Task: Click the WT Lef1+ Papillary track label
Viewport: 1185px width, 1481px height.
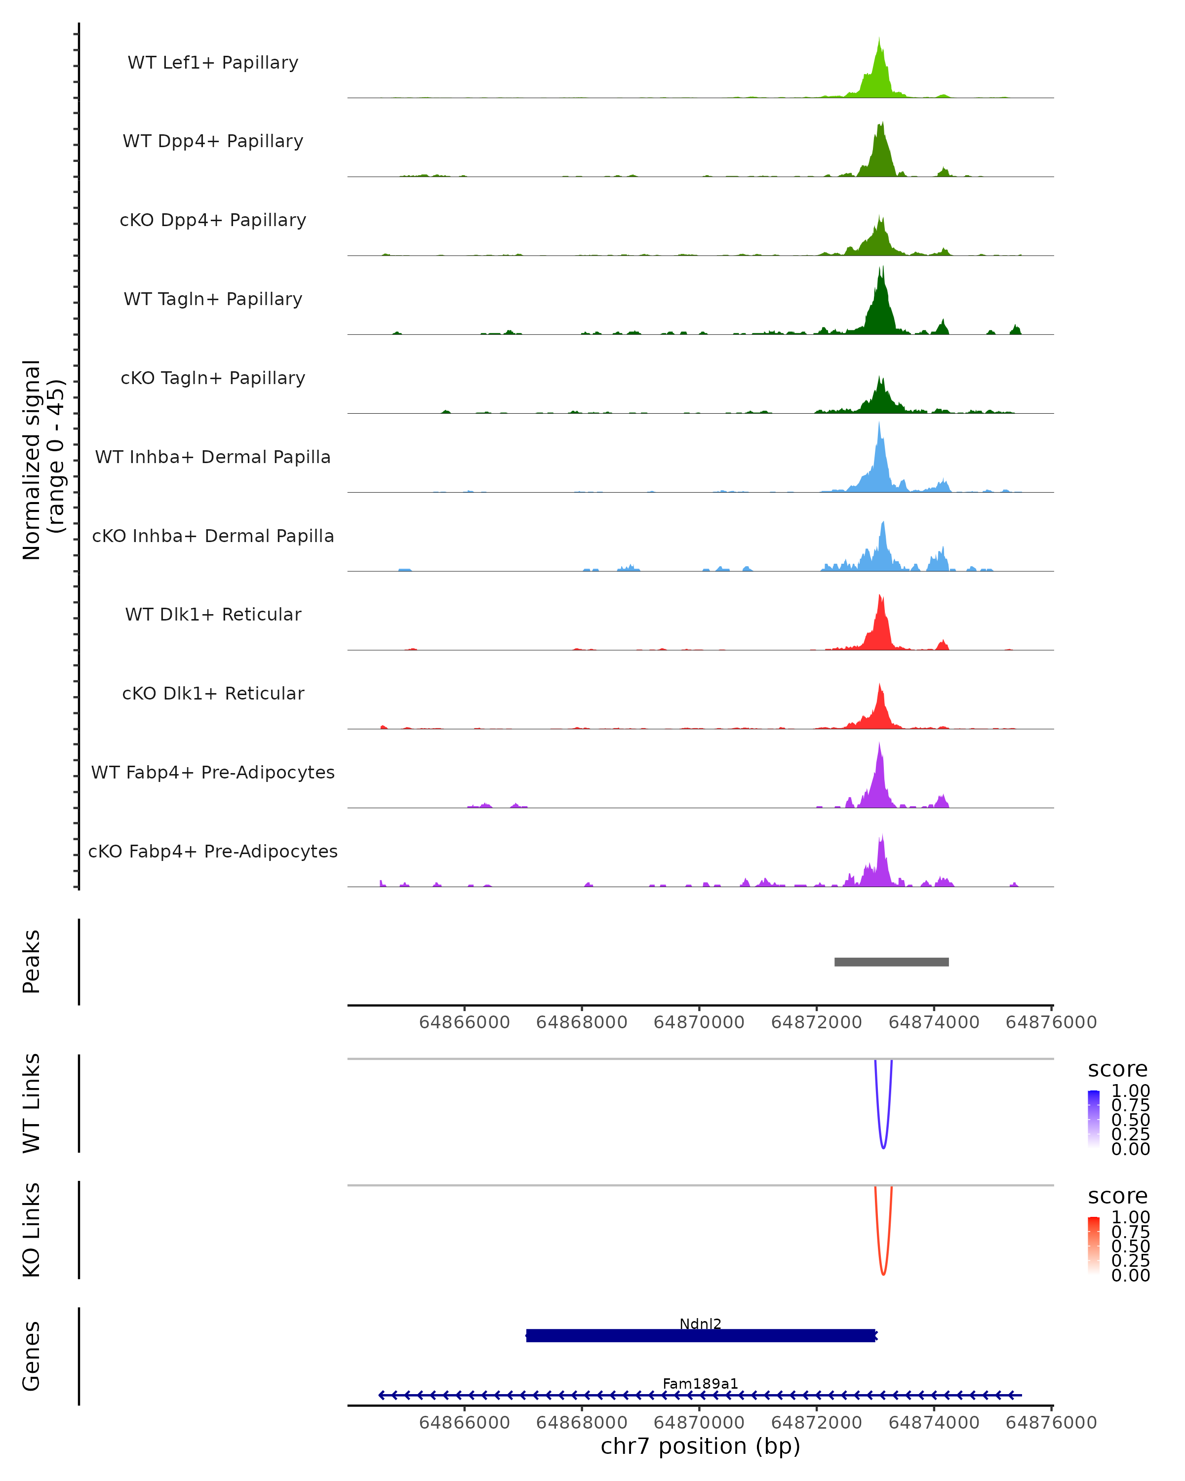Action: click(213, 63)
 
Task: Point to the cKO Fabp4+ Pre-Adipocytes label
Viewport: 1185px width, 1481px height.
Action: click(213, 851)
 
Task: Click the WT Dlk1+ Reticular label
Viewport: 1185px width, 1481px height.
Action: click(213, 614)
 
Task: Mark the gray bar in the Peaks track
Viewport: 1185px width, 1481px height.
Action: click(892, 962)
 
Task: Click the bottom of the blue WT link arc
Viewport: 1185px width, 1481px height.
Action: click(883, 1147)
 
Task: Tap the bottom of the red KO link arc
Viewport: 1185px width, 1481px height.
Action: click(883, 1274)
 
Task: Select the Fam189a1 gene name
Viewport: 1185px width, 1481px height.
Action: click(700, 1383)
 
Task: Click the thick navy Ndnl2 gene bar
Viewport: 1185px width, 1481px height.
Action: click(700, 1335)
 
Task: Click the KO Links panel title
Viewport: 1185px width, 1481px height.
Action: click(32, 1230)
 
